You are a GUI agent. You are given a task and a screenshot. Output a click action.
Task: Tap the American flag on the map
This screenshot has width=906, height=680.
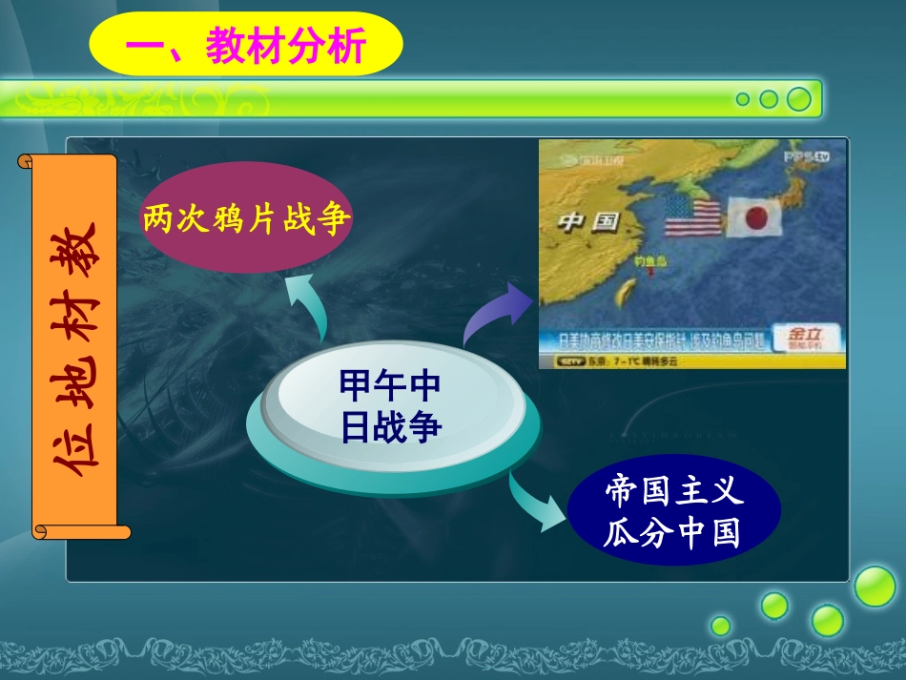(692, 218)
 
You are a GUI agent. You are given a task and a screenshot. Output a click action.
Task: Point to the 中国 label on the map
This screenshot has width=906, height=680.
(588, 223)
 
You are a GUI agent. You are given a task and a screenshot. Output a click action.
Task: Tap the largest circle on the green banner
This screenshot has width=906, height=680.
(798, 98)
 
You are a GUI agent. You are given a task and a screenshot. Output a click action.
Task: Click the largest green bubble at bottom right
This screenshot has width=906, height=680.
(874, 587)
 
